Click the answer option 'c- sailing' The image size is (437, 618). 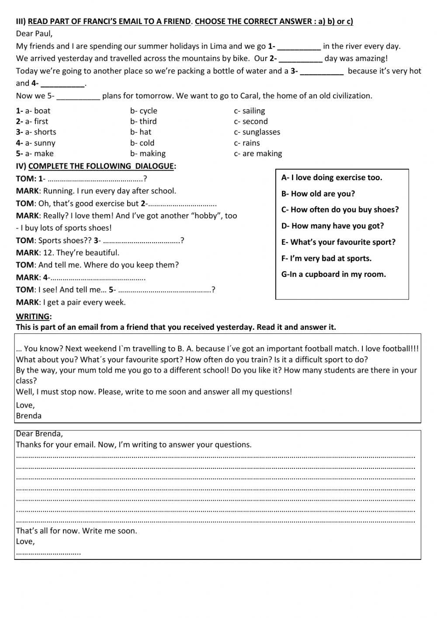pyautogui.click(x=249, y=111)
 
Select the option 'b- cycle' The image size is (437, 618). pyautogui.click(x=143, y=111)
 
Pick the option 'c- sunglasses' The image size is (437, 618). pyautogui.click(x=257, y=132)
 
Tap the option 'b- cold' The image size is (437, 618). pyautogui.click(x=142, y=143)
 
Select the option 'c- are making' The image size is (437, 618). pyautogui.click(x=258, y=154)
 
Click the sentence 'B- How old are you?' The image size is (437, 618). pyautogui.click(x=318, y=194)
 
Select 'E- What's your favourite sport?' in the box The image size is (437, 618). pyautogui.click(x=338, y=242)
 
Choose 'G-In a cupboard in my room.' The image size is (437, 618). pyautogui.click(x=333, y=274)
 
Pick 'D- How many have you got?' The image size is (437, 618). pyautogui.click(x=333, y=226)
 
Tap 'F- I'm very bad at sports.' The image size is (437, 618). pyautogui.click(x=326, y=258)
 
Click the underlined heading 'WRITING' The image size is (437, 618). pyautogui.click(x=33, y=316)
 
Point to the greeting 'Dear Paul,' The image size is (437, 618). pyautogui.click(x=34, y=34)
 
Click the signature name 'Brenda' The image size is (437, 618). pyautogui.click(x=28, y=415)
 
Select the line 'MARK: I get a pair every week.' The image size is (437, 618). pyautogui.click(x=71, y=302)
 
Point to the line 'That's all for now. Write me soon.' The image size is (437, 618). pyautogui.click(x=76, y=531)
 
